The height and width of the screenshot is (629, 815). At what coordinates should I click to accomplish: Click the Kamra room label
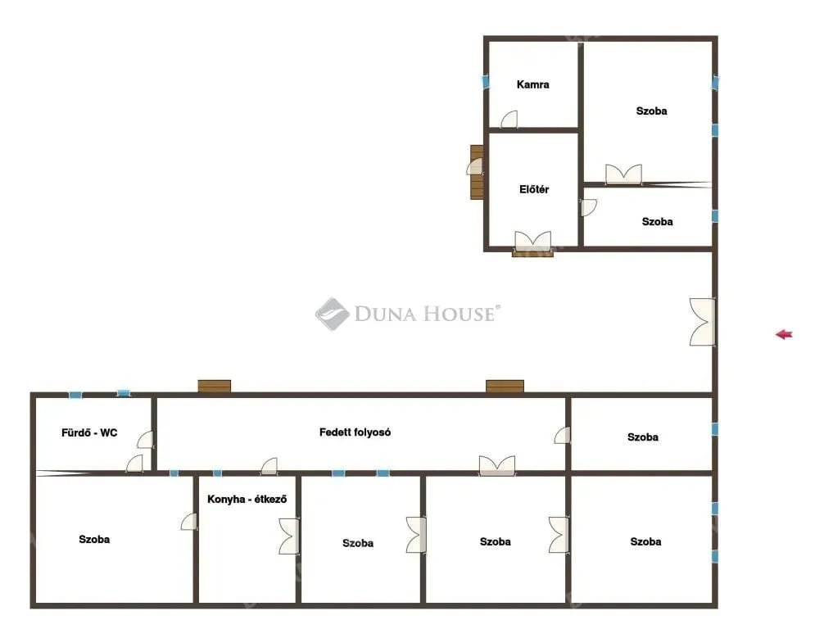(532, 84)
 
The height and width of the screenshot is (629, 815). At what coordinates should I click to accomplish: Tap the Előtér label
(534, 189)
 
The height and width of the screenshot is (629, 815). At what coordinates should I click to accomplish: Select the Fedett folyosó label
(355, 432)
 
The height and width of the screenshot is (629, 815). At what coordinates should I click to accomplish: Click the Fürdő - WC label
(89, 432)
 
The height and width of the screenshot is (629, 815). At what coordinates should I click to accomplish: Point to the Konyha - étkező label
(247, 499)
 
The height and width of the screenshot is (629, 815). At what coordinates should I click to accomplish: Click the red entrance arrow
(784, 334)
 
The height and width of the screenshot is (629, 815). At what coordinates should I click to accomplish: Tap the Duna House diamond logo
(332, 314)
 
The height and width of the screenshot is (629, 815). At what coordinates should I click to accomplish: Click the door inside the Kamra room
(509, 119)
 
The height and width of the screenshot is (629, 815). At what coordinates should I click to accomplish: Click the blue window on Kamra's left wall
(486, 82)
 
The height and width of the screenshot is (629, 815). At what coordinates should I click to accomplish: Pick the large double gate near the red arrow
(702, 322)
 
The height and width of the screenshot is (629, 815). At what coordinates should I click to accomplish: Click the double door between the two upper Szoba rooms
(623, 174)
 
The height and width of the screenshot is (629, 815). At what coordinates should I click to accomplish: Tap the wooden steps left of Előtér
(477, 172)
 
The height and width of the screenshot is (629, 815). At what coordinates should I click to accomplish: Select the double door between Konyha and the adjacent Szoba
(289, 536)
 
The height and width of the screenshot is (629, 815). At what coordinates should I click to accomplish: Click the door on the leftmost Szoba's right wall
(189, 522)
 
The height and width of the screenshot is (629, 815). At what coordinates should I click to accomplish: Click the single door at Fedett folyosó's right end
(563, 435)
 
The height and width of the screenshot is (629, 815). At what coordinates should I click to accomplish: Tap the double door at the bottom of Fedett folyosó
(497, 466)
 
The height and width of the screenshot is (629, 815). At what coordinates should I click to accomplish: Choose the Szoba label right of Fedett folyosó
(643, 437)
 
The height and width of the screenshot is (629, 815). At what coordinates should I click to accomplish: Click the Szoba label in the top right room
(652, 111)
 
